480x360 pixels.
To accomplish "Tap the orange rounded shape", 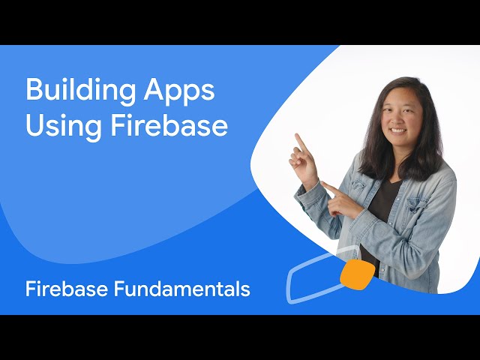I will click(358, 274).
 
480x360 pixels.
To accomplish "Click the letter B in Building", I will click(33, 91).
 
